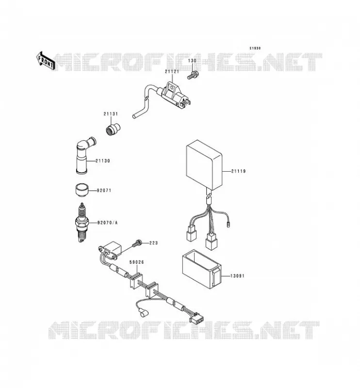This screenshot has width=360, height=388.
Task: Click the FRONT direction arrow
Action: coord(45,60)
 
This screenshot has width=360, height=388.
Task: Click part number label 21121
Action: coord(172,72)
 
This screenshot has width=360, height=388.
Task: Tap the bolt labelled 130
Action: coord(193,75)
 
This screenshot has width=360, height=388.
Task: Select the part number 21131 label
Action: coord(111,114)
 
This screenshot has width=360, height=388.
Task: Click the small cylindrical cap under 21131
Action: coord(113,129)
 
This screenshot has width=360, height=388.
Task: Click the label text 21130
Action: coord(103,161)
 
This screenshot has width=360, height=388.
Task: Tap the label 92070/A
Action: coord(107,223)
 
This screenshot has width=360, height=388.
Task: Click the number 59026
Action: coord(137,262)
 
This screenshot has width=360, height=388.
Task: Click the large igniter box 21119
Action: coord(204,165)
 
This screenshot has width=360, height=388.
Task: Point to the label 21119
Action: coord(238,171)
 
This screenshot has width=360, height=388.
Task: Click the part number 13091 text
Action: coord(237,276)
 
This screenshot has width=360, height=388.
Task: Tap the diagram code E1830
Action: coord(255,48)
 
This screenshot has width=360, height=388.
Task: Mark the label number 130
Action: coord(192,61)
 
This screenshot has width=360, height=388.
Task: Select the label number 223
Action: coord(153,243)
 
